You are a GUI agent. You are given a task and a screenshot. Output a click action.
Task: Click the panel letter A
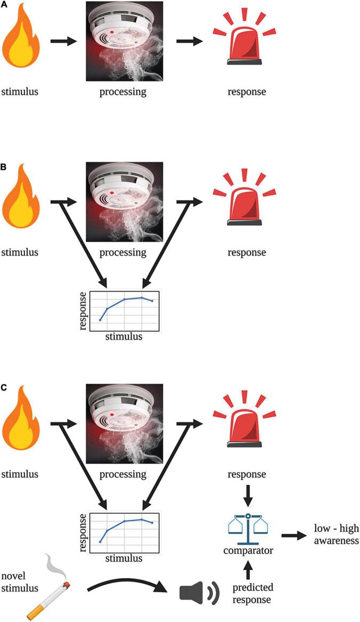(x=4, y=4)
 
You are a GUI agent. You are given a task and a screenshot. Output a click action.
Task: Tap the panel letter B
(x=4, y=166)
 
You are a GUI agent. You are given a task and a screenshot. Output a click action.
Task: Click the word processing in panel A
(x=123, y=92)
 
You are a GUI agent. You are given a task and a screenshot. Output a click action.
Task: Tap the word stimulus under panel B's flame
(x=20, y=252)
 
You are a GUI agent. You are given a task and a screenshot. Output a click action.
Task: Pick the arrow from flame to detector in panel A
(x=63, y=41)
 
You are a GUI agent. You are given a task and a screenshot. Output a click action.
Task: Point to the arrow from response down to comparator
(x=247, y=497)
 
